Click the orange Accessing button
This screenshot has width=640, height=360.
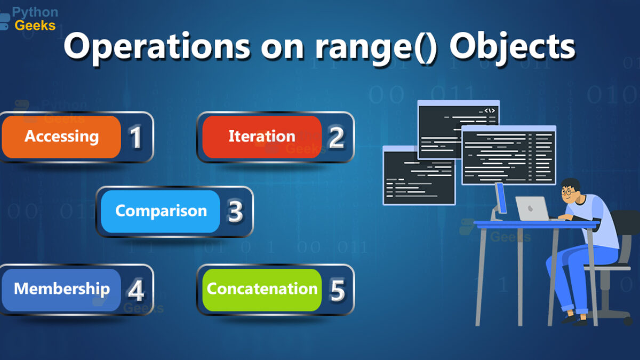pyautogui.click(x=61, y=137)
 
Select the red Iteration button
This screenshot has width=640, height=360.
pyautogui.click(x=262, y=137)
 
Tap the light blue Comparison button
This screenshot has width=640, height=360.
pyautogui.click(x=161, y=211)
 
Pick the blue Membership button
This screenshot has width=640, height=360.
pyautogui.click(x=61, y=290)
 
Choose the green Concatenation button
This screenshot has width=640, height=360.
pyautogui.click(x=262, y=290)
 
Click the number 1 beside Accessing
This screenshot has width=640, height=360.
pyautogui.click(x=136, y=138)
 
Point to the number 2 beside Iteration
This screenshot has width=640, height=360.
pyautogui.click(x=337, y=138)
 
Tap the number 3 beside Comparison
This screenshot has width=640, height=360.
pyautogui.click(x=235, y=212)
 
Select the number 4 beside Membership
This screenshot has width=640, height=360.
pyautogui.click(x=135, y=291)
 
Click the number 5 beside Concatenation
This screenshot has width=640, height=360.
pyautogui.click(x=337, y=291)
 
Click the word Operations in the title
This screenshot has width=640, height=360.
pyautogui.click(x=157, y=47)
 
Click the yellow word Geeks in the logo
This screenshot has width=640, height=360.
pyautogui.click(x=35, y=26)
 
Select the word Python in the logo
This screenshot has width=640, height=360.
pyautogui.click(x=35, y=12)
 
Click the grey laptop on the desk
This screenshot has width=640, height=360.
pyautogui.click(x=533, y=209)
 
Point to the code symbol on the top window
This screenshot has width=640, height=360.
pyautogui.click(x=490, y=110)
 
